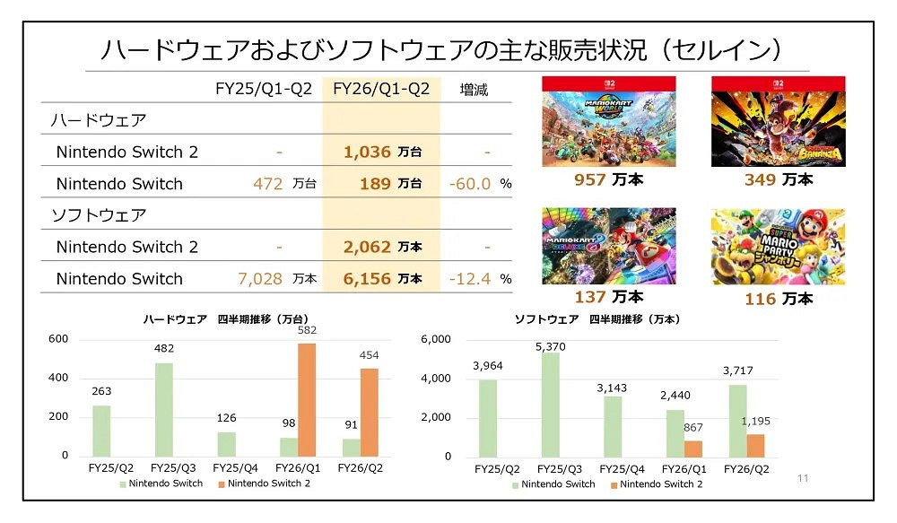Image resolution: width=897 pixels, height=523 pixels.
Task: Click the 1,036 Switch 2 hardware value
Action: pyautogui.click(x=367, y=153)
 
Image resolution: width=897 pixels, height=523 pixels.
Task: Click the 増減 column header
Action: pyautogui.click(x=474, y=90)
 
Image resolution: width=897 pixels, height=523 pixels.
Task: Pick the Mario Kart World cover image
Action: pyautogui.click(x=609, y=122)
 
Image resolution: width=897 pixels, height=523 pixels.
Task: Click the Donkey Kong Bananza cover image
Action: pyautogui.click(x=779, y=122)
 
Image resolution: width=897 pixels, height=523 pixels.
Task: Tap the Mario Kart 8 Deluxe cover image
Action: pyautogui.click(x=609, y=246)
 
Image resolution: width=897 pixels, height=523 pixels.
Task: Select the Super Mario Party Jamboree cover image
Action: pyautogui.click(x=779, y=246)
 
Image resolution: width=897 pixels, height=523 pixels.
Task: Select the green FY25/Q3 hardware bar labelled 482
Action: pyautogui.click(x=163, y=409)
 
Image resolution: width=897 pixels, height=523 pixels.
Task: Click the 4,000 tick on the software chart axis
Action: pyautogui.click(x=438, y=379)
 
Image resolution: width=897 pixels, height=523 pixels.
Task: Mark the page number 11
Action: pyautogui.click(x=803, y=479)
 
